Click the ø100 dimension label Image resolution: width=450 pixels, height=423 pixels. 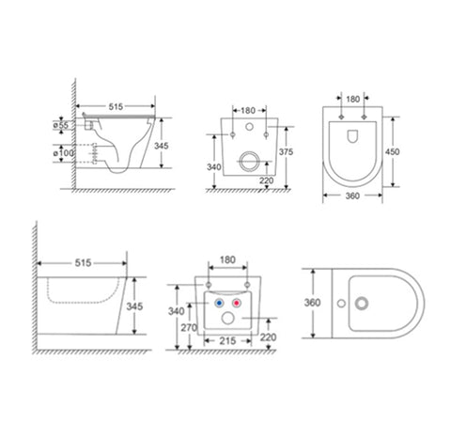pos(62,152)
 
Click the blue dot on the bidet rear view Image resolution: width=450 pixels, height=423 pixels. pos(218,305)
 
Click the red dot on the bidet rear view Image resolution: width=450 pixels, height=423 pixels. pos(237,305)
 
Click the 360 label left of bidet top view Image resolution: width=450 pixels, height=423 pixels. pos(313,303)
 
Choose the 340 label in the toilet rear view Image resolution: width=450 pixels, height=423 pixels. pos(216,167)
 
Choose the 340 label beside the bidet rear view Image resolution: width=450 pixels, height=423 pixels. pos(178,310)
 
